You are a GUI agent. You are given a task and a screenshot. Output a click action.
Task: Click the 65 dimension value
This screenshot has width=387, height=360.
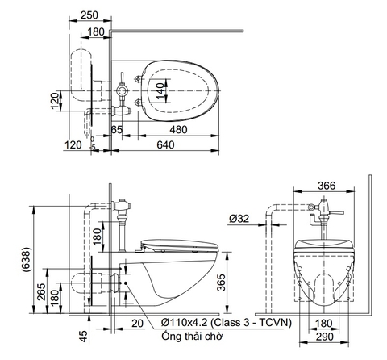pos(117,129)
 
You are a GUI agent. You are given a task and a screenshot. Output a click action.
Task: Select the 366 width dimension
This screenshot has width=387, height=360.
pos(327,186)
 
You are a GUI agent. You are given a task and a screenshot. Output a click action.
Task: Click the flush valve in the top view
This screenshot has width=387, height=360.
pos(122,90)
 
